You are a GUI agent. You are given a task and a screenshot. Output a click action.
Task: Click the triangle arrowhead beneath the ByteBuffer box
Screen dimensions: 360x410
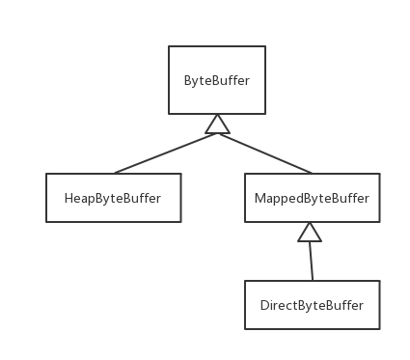point(218,124)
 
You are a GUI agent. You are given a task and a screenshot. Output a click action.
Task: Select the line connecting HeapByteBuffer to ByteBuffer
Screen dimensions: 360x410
point(164,152)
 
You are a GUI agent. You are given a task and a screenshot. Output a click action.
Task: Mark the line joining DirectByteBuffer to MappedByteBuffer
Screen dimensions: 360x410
point(310,261)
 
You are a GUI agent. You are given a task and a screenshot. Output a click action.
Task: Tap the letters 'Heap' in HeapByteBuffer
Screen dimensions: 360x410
point(78,199)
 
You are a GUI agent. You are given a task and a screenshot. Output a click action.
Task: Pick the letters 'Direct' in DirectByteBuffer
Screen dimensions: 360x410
point(278,306)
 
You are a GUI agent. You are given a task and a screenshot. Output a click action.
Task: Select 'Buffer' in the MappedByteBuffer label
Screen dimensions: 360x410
point(350,199)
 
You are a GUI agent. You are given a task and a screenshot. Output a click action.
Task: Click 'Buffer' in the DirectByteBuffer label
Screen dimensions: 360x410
point(344,306)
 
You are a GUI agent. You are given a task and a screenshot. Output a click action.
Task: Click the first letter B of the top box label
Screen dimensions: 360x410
point(187,80)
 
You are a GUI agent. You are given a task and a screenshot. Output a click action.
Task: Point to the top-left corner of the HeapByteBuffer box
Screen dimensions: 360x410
point(46,174)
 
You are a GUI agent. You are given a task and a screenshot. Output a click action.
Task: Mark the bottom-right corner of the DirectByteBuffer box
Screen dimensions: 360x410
point(379,328)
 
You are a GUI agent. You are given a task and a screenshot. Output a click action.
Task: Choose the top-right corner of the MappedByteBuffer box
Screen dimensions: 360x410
point(379,174)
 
